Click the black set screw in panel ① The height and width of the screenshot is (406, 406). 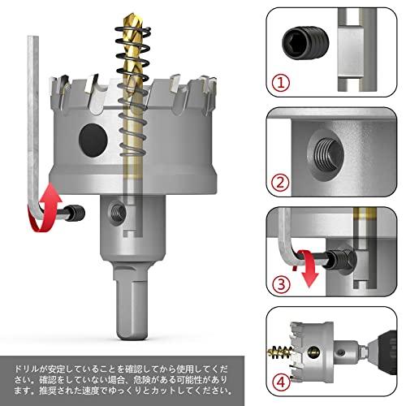pyautogui.click(x=303, y=38)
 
